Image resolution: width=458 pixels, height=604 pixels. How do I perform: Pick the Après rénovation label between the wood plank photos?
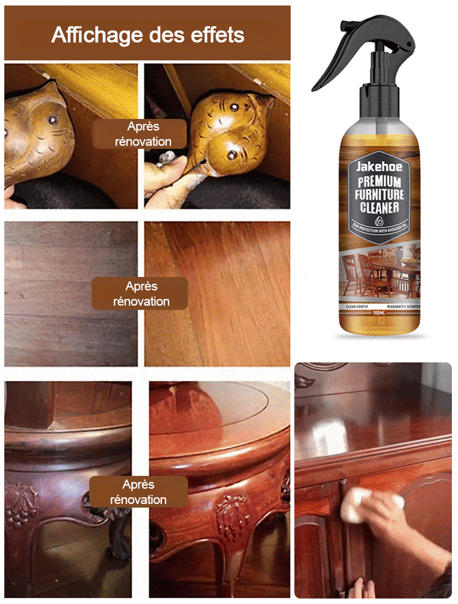tap(141, 293)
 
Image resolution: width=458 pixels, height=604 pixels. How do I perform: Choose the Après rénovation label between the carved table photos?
tap(139, 492)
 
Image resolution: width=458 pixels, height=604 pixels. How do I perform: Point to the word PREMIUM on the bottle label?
tap(379, 182)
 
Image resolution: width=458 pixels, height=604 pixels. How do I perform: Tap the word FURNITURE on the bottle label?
tap(379, 195)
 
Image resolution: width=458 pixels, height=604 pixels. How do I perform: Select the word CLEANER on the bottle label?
tap(379, 208)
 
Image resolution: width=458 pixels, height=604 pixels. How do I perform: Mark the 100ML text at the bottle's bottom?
tap(379, 312)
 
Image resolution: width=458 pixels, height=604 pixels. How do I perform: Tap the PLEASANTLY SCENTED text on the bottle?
tap(403, 306)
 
